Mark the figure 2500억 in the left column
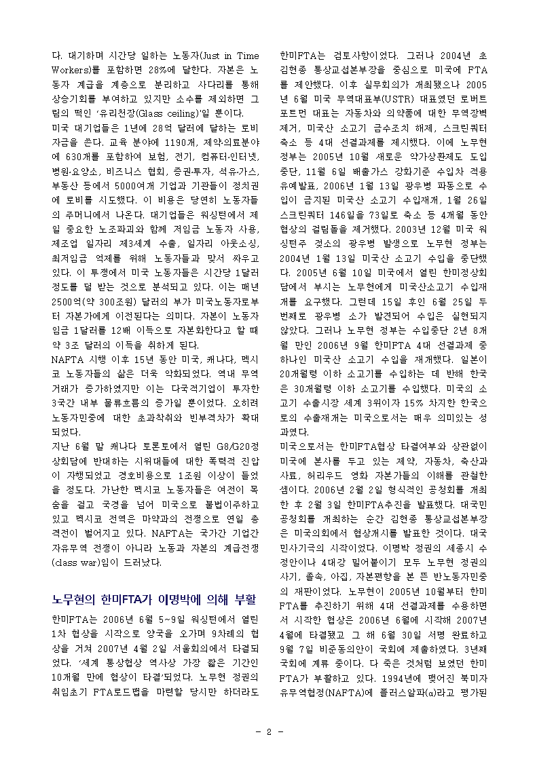point(67,301)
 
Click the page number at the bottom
point(269,731)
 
